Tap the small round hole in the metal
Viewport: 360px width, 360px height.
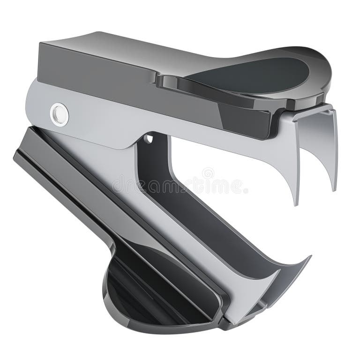[x=149, y=139]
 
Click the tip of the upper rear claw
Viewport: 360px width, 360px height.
[x=335, y=190]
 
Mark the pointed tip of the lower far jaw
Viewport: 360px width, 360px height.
[x=310, y=256]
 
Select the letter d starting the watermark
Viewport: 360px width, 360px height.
[x=116, y=184]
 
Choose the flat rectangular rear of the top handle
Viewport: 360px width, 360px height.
[x=94, y=66]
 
